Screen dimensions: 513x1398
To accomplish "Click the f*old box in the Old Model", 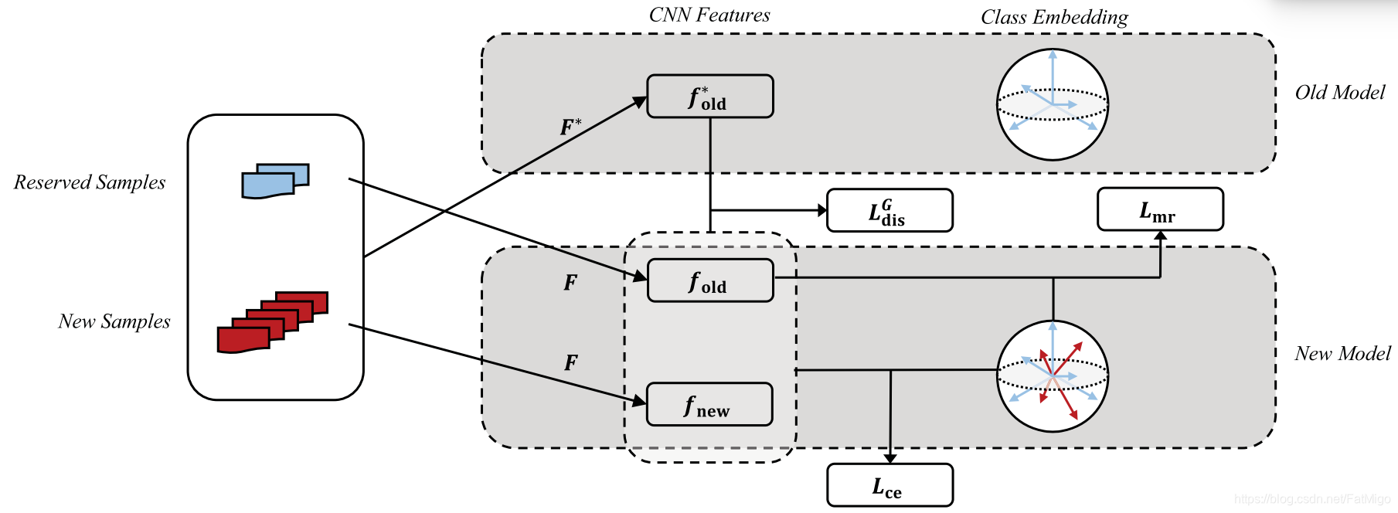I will [x=709, y=97].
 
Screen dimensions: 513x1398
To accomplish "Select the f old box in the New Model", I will [x=709, y=280].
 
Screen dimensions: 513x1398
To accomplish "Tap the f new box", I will [x=709, y=404].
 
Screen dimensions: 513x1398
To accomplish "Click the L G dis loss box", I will [x=889, y=210].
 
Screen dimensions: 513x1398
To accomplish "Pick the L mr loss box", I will [x=1160, y=209].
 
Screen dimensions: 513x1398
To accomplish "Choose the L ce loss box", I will [x=889, y=485].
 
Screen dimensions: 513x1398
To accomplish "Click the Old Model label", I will [x=1339, y=93].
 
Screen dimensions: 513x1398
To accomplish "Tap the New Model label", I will [x=1342, y=354].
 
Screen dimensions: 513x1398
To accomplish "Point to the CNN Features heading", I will [x=709, y=15].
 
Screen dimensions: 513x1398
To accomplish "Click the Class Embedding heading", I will [x=1054, y=17].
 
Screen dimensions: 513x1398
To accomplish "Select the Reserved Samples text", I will [x=90, y=182].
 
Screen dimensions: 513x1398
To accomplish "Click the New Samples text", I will [x=114, y=321].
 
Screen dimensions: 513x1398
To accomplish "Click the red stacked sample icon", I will [x=272, y=323].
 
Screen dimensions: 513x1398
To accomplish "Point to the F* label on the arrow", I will [x=570, y=127].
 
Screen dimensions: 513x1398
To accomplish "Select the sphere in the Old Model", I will [x=1052, y=104].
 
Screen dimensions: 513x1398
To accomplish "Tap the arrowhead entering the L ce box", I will [x=890, y=459].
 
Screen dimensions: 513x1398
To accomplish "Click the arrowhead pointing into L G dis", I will [x=822, y=210].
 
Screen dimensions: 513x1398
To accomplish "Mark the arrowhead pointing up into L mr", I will [x=1160, y=235].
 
